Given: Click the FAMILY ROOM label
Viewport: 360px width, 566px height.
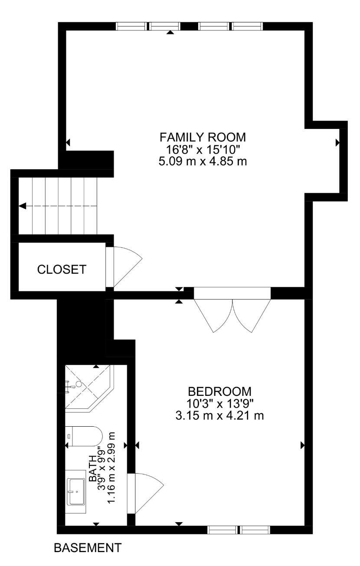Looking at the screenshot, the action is [x=203, y=137].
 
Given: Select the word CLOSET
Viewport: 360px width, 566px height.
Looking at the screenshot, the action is [x=62, y=270].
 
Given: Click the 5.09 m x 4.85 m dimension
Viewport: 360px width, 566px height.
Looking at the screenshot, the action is [x=203, y=161].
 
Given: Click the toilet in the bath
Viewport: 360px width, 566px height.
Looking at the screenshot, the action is [x=84, y=436].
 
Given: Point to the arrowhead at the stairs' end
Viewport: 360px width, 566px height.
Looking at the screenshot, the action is [x=23, y=206].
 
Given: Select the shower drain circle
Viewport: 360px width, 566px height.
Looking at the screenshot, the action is [x=79, y=384].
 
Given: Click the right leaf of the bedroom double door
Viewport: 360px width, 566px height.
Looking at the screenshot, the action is [x=252, y=316].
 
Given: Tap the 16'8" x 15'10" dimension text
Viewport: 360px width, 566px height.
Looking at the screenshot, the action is [x=203, y=149].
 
